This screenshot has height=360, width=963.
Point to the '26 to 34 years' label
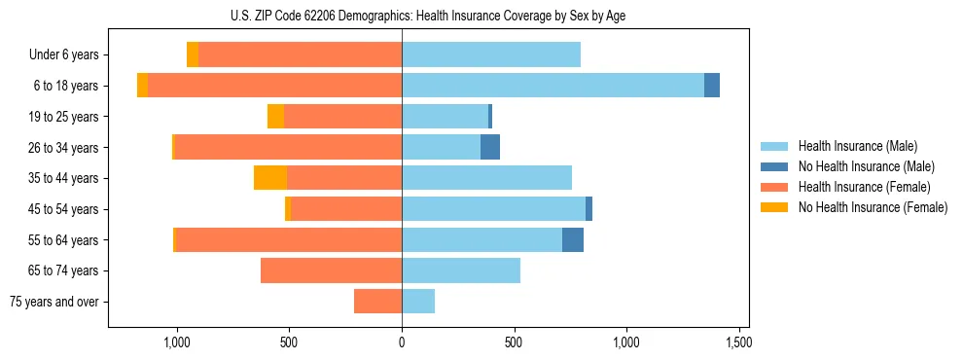64,148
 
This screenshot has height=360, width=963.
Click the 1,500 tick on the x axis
738,343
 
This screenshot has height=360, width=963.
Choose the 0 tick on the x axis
402,343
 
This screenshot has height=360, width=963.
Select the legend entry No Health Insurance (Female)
873,207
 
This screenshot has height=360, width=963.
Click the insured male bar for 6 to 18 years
553,86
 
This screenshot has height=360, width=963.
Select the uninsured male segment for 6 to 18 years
712,86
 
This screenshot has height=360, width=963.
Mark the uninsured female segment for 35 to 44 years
270,178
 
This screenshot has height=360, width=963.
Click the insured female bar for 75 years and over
377,302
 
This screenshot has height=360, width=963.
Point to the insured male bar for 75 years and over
418,302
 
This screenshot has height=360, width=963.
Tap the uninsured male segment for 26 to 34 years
490,148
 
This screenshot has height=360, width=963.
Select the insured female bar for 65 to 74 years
331,270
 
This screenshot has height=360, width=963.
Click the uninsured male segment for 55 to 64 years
573,240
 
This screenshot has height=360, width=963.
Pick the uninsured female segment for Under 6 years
193,55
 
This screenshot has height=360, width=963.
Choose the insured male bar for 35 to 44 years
486,178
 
